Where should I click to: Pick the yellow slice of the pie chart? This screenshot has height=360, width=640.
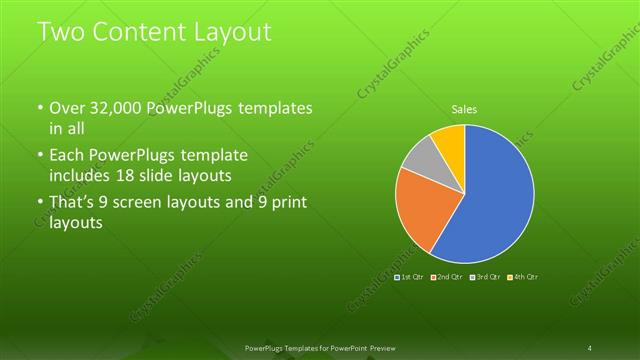449,141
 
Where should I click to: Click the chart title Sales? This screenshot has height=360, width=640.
464,108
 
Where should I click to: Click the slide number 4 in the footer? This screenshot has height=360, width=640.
590,347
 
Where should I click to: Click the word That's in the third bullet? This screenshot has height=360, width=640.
75,203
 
